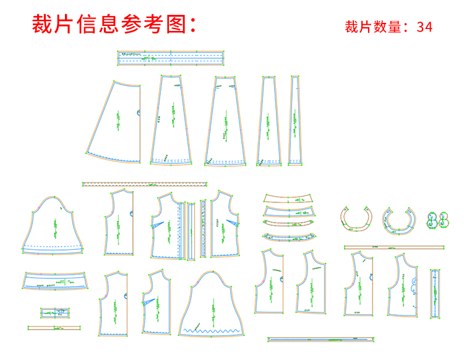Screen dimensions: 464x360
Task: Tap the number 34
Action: click(x=424, y=27)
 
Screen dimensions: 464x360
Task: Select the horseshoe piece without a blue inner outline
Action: click(x=356, y=220)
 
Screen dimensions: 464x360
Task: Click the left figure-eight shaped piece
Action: click(x=432, y=220)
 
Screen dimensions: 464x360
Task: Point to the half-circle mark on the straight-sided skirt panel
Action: click(x=139, y=113)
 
